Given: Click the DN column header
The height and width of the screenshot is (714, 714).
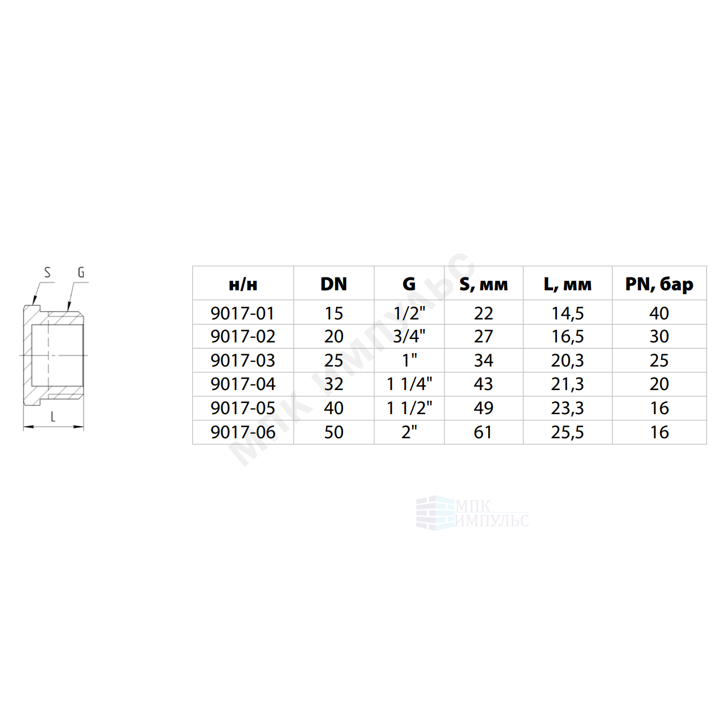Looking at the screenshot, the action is point(333,284).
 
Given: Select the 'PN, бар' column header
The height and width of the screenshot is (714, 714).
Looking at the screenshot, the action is point(659,285).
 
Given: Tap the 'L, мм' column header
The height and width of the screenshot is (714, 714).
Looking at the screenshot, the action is point(567,285).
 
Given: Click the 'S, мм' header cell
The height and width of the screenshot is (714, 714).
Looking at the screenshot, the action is point(484,285).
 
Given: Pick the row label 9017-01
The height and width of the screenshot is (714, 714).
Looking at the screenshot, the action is point(242,313).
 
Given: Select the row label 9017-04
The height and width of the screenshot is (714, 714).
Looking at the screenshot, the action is point(243,384).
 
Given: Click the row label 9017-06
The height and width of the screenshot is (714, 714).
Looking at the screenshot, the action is point(243,433).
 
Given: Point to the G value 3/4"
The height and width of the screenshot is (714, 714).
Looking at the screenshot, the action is point(409,336).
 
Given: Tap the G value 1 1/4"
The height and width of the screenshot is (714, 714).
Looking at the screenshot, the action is point(409,384).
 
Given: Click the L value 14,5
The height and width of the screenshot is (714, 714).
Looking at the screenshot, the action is point(567,313).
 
